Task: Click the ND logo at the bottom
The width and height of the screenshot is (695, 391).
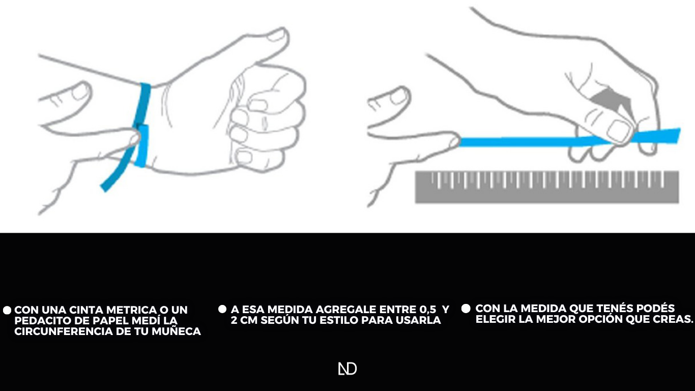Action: pyautogui.click(x=347, y=369)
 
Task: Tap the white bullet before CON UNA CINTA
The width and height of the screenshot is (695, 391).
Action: pyautogui.click(x=7, y=310)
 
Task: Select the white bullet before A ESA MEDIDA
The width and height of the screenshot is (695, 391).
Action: pyautogui.click(x=222, y=309)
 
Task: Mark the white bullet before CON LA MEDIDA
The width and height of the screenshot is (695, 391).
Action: pyautogui.click(x=466, y=309)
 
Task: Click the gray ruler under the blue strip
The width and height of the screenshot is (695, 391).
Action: pyautogui.click(x=547, y=187)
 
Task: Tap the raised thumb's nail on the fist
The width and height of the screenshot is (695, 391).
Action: pyautogui.click(x=277, y=35)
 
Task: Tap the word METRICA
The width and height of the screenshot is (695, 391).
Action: pyautogui.click(x=132, y=310)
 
